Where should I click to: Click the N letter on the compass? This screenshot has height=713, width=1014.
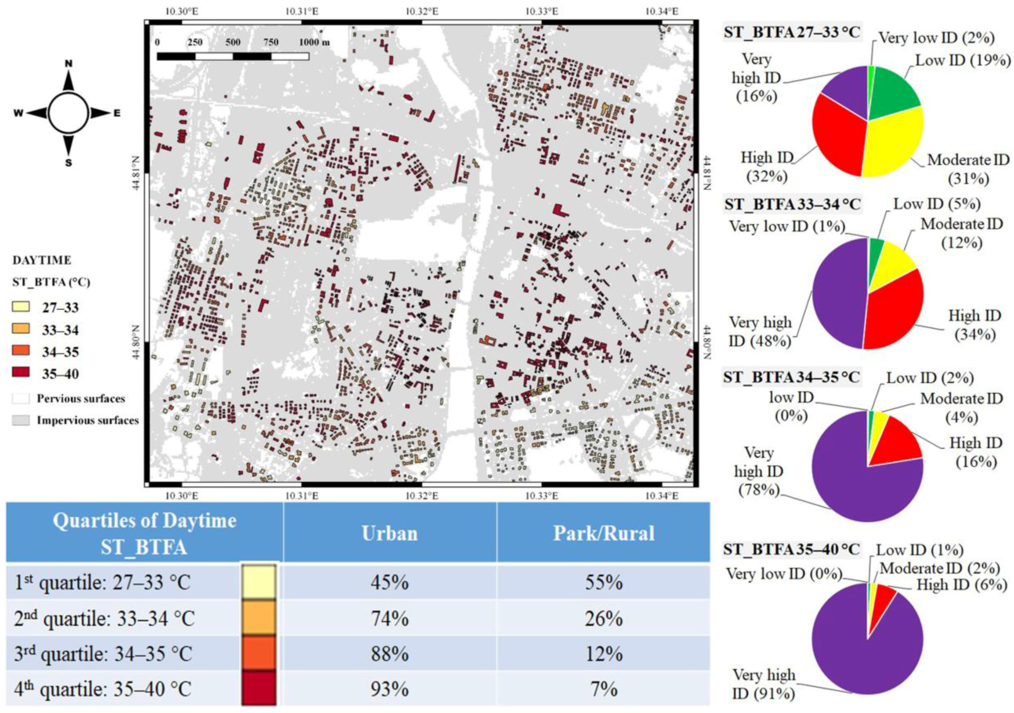[x=68, y=64]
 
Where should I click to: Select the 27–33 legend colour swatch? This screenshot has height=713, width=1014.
[x=21, y=306]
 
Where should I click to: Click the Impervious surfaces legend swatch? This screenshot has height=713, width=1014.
[x=21, y=420]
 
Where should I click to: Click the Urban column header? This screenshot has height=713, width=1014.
[x=390, y=533]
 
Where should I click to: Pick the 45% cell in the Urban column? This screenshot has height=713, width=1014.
[x=390, y=583]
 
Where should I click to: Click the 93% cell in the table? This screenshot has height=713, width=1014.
[x=390, y=689]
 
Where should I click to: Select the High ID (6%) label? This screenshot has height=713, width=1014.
[x=962, y=585]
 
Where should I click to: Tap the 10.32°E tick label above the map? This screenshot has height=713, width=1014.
[x=422, y=11]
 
